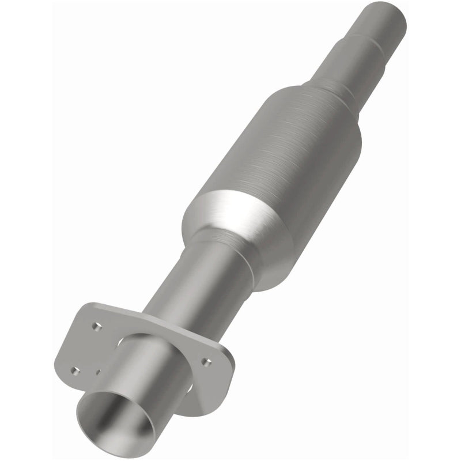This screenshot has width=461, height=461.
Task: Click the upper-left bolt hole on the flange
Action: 96,326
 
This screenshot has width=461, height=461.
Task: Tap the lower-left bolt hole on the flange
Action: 74,371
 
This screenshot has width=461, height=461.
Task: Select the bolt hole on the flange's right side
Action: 206,362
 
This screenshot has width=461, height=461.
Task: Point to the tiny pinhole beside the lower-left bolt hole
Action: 99,372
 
